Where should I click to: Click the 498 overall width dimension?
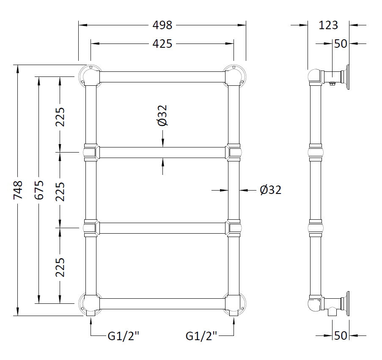click(x=162, y=25)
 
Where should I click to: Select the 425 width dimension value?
click(x=162, y=44)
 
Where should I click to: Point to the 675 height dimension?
click(x=39, y=190)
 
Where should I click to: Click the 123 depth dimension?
click(x=328, y=25)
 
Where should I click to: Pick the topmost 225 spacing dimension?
click(x=60, y=117)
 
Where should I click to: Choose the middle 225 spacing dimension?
click(x=60, y=192)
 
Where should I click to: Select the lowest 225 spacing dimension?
click(x=60, y=267)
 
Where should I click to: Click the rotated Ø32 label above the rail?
click(x=162, y=115)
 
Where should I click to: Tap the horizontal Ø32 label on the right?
click(x=271, y=190)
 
